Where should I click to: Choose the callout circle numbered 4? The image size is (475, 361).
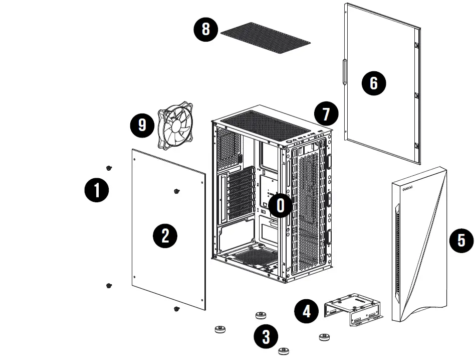(306, 311)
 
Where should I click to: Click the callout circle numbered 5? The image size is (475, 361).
(461, 240)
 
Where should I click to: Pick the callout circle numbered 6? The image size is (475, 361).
(374, 83)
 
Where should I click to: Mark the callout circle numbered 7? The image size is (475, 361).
(327, 114)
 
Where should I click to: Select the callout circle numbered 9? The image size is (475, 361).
(143, 125)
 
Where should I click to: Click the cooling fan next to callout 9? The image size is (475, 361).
(175, 126)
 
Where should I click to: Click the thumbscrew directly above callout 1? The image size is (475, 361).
(109, 168)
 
